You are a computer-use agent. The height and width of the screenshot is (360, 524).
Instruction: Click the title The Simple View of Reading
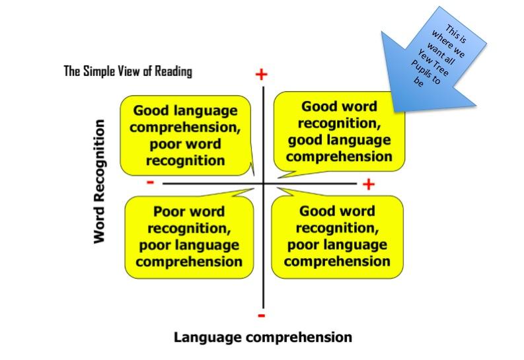pos(128,71)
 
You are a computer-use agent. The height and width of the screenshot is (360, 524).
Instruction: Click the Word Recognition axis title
pos(99,182)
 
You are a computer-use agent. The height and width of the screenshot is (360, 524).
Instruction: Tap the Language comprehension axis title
pos(263,338)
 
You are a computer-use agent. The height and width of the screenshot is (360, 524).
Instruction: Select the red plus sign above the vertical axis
pos(261,75)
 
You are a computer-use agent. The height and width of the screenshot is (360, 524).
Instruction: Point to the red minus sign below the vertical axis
pos(261,315)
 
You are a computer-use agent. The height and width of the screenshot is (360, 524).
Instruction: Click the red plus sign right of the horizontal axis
pos(369,184)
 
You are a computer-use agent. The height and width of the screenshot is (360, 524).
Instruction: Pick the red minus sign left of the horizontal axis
pos(151,182)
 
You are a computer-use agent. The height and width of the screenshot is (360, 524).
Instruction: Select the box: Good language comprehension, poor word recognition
pos(186,135)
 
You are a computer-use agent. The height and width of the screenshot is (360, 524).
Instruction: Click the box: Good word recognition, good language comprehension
pos(339,131)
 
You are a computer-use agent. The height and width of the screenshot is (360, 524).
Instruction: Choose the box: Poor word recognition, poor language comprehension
pos(189,236)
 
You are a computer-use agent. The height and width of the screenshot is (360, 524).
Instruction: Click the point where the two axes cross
pos(264,184)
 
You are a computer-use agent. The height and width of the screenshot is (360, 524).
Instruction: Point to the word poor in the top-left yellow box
pos(165,145)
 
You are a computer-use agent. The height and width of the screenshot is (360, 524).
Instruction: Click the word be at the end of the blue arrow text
pos(418,81)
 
